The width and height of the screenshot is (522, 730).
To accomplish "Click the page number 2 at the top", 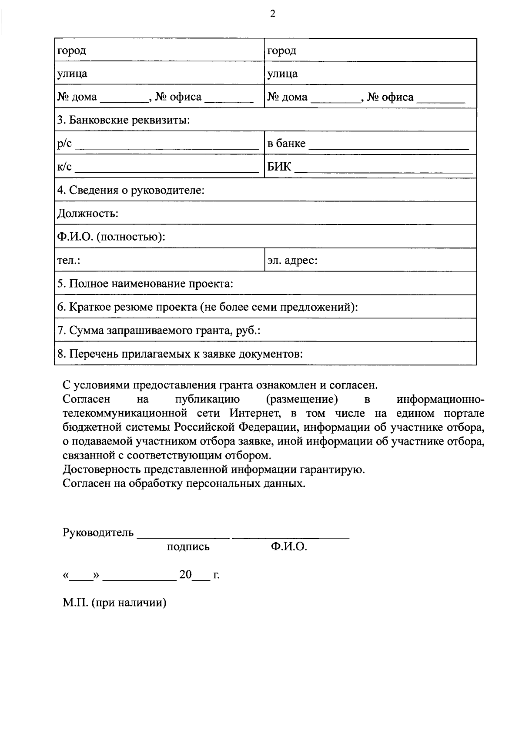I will (x=273, y=14).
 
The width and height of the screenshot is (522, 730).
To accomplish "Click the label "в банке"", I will (x=286, y=144).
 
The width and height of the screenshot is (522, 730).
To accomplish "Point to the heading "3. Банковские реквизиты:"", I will (x=124, y=120).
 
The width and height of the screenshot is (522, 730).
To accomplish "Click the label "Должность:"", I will (x=88, y=214).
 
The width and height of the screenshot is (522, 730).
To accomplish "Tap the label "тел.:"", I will (x=69, y=261).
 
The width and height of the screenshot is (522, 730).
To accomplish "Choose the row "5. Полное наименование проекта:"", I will (x=145, y=284).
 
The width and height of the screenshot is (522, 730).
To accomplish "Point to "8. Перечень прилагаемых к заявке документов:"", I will (x=180, y=354).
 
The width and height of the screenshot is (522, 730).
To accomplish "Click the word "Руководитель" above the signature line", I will (x=98, y=532).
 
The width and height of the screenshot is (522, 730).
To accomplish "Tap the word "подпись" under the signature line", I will (x=188, y=547).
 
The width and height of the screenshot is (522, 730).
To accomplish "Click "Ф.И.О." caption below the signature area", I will (x=289, y=547).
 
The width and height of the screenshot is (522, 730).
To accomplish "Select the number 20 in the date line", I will (x=185, y=575).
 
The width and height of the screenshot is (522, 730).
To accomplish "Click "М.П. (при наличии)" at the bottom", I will (x=115, y=603).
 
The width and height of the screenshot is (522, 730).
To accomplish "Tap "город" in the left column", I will (x=72, y=50).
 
